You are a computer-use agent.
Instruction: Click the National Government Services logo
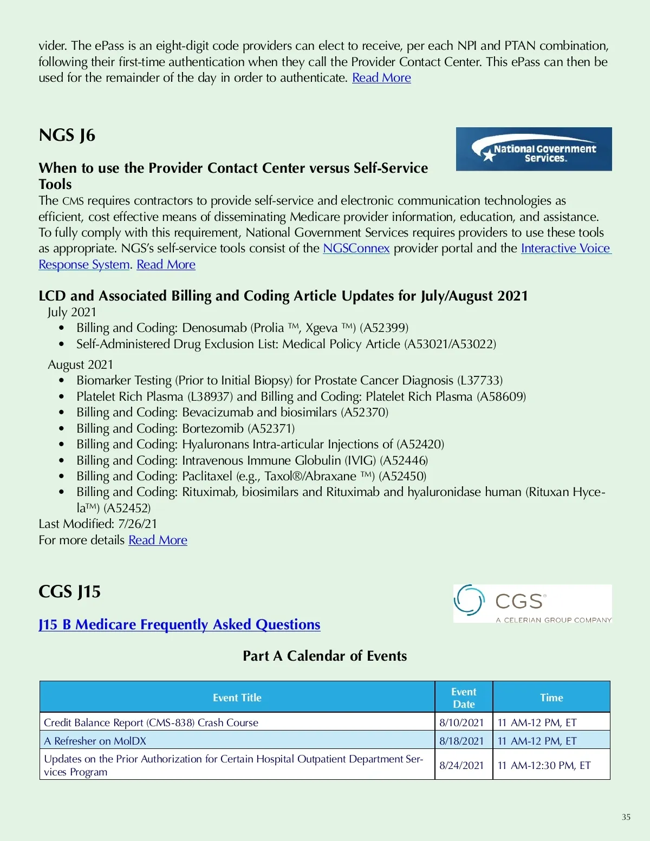(x=534, y=149)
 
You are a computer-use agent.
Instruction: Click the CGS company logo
(x=532, y=604)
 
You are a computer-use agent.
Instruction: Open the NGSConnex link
(x=356, y=249)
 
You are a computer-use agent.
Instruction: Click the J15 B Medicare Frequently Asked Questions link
(x=179, y=624)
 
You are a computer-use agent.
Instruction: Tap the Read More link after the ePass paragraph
(x=381, y=78)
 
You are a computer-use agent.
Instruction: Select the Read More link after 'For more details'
(x=158, y=540)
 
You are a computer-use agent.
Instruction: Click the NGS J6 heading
(x=67, y=135)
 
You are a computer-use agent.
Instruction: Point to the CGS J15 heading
(x=70, y=591)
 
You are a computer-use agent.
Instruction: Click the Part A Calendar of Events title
(x=324, y=656)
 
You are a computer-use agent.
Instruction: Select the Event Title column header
(x=237, y=697)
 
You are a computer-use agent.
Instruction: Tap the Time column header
(x=551, y=697)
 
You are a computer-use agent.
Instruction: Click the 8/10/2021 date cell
(x=461, y=722)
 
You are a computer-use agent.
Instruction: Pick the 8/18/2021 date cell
(x=461, y=741)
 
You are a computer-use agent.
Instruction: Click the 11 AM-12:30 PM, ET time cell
(x=544, y=765)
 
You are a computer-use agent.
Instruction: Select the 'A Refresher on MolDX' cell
(x=95, y=741)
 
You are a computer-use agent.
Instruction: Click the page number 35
(x=626, y=817)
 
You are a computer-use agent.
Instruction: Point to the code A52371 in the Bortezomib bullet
(x=271, y=428)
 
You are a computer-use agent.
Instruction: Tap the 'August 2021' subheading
(x=81, y=364)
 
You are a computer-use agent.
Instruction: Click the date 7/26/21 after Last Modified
(x=138, y=524)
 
